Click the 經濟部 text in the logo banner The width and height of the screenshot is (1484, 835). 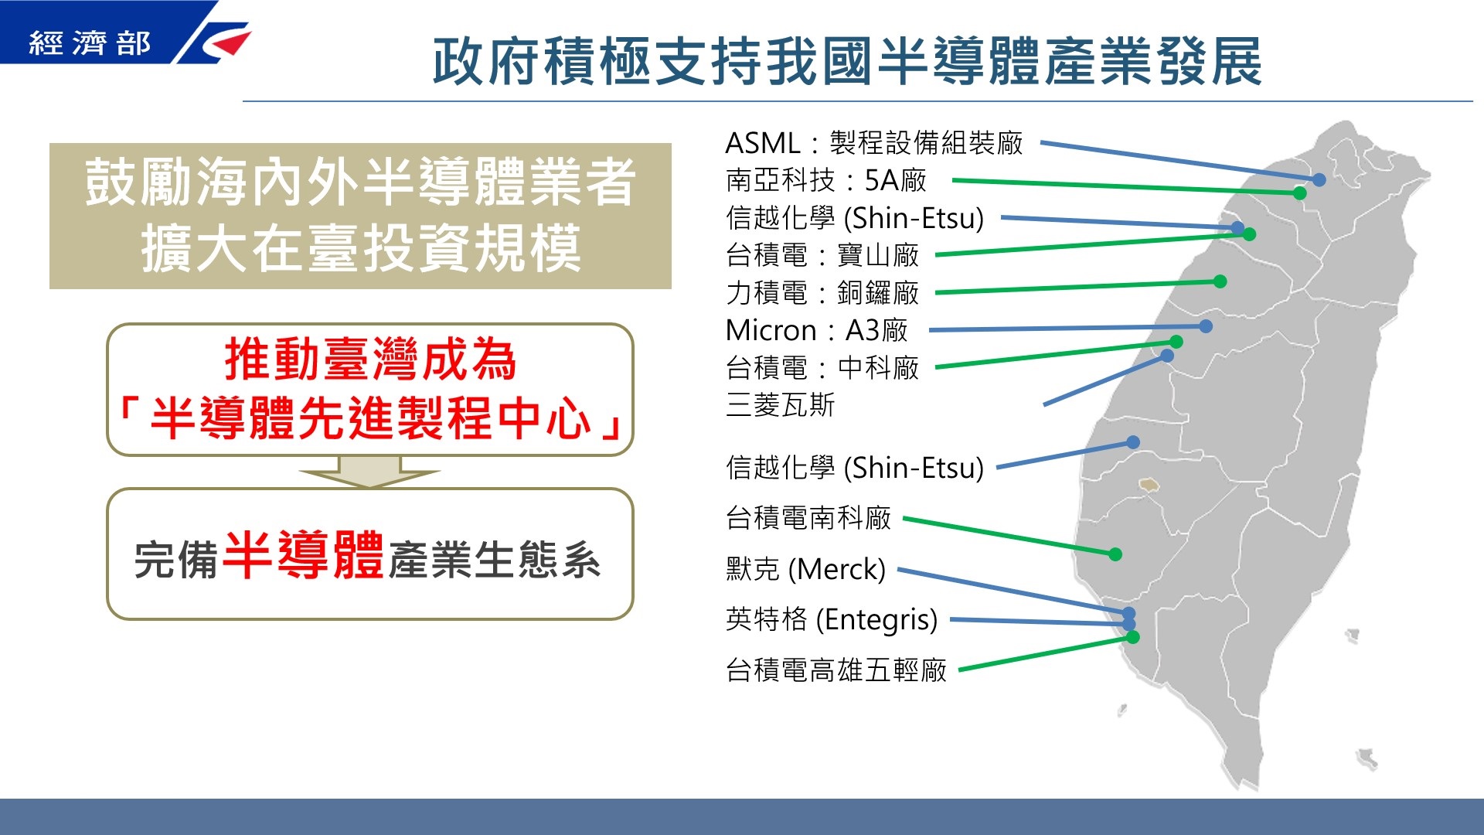tap(90, 43)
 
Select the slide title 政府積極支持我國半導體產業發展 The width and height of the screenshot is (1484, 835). tap(847, 61)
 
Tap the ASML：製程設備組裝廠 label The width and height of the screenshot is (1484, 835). tap(874, 143)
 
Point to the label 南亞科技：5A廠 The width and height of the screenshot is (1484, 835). tap(826, 180)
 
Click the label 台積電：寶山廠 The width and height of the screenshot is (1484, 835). tap(822, 255)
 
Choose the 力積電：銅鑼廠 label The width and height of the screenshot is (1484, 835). tap(822, 293)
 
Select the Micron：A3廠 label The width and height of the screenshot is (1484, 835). tap(817, 330)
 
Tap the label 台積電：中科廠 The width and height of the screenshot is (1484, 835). tap(822, 368)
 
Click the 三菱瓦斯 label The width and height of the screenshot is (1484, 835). tap(781, 405)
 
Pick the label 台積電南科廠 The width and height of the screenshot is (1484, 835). tap(808, 518)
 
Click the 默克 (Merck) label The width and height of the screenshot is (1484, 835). tap(805, 569)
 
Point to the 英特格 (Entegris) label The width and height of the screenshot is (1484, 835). tap(832, 619)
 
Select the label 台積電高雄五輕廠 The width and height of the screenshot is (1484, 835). tap(836, 670)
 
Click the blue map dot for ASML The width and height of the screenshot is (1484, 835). tap(1319, 179)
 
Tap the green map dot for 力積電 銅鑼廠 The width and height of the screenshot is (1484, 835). tap(1220, 281)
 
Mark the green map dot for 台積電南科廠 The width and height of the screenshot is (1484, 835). tap(1115, 554)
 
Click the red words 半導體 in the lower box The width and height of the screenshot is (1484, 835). tap(304, 554)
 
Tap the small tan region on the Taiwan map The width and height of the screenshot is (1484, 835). tap(1149, 485)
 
